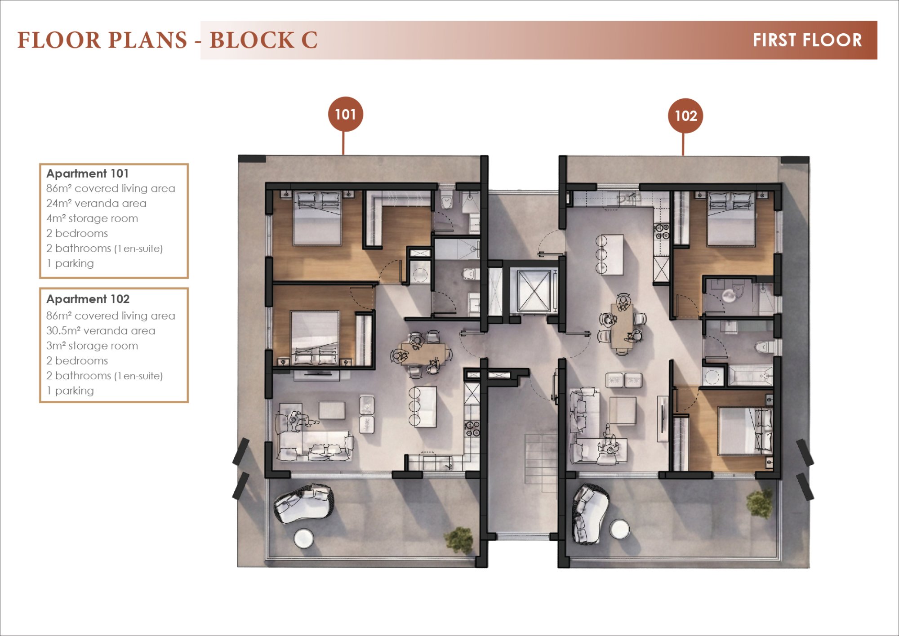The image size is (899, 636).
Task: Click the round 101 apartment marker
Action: click(x=345, y=114)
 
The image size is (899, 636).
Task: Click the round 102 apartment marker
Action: click(x=685, y=116)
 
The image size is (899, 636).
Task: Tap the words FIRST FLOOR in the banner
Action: click(x=807, y=40)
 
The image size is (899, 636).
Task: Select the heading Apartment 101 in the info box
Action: click(x=88, y=173)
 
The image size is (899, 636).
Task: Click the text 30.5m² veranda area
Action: click(x=101, y=331)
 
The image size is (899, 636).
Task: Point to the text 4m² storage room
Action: click(x=92, y=218)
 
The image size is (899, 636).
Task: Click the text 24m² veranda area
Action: click(x=96, y=204)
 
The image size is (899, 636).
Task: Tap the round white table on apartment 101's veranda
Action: click(x=303, y=538)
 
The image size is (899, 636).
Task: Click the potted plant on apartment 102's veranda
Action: click(x=760, y=503)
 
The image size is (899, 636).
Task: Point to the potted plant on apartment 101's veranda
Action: click(x=459, y=540)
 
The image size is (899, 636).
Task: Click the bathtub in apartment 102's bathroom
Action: click(x=750, y=376)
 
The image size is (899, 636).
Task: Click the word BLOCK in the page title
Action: click(x=251, y=40)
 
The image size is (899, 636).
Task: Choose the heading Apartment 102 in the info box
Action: click(x=88, y=299)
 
